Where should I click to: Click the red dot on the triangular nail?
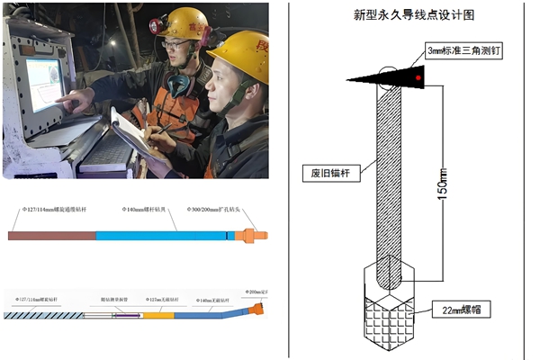[x=418, y=79]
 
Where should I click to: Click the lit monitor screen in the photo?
[x=43, y=83]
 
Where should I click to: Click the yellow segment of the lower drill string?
[x=157, y=315]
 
